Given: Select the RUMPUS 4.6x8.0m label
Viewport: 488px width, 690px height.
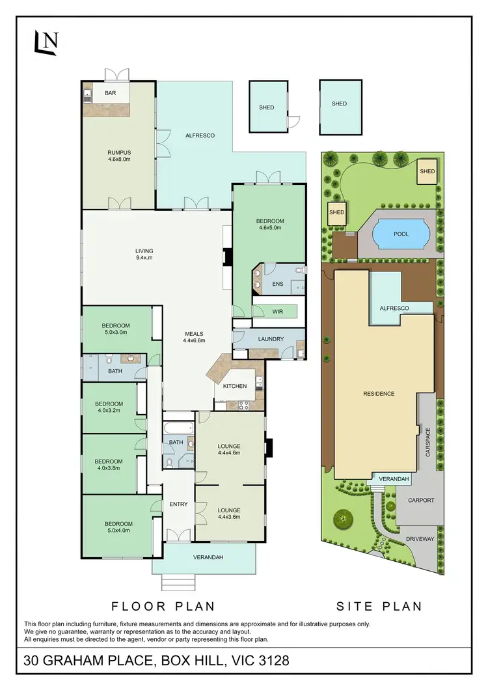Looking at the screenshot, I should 119,156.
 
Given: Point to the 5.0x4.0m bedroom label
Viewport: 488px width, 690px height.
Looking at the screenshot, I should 118,527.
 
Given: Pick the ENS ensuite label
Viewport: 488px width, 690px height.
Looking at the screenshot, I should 278,284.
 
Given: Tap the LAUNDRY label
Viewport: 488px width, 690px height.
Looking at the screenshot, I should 271,339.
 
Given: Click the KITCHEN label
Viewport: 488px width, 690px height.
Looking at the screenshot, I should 235,386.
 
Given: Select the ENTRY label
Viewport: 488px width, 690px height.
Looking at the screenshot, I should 178,504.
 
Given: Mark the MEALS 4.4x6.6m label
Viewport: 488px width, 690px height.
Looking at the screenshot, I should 195,337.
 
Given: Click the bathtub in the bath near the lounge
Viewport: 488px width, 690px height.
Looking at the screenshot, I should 178,428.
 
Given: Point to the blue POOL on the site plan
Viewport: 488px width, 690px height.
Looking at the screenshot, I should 401,234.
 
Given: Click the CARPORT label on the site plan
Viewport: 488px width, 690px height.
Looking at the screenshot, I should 421,501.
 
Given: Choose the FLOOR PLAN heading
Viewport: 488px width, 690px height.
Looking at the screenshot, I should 163,606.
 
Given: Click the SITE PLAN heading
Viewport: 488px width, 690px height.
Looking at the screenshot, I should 379,606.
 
